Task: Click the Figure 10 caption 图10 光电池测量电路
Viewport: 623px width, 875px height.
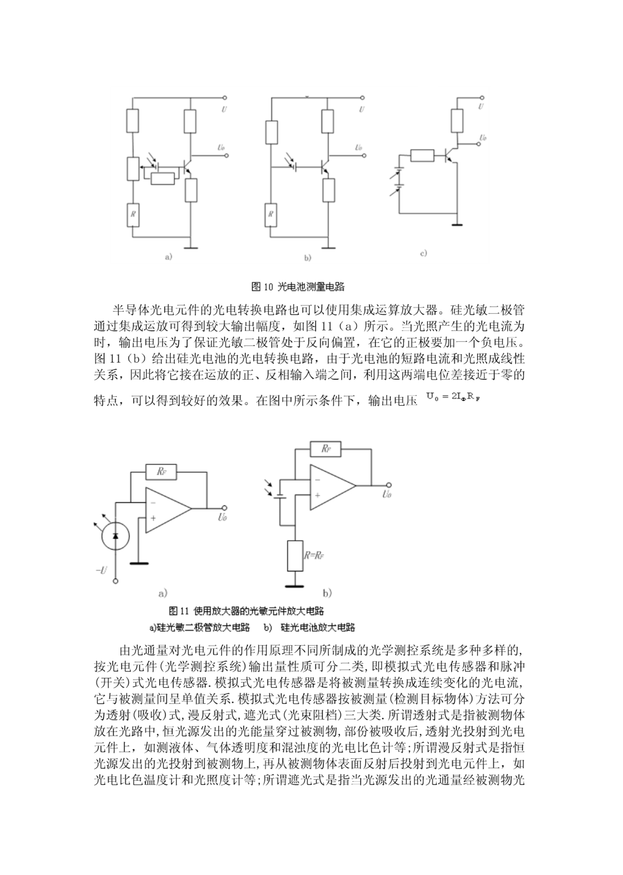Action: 298,287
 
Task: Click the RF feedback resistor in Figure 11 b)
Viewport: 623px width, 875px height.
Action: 326,449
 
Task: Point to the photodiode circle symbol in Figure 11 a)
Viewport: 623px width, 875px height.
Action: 115,536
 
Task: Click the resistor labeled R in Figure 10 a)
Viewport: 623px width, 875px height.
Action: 133,214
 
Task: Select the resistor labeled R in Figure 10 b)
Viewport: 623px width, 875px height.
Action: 271,214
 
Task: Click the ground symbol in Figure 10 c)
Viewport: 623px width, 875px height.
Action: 457,224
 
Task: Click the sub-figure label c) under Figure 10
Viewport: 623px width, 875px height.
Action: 423,253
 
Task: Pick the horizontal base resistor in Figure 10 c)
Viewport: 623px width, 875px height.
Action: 423,155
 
